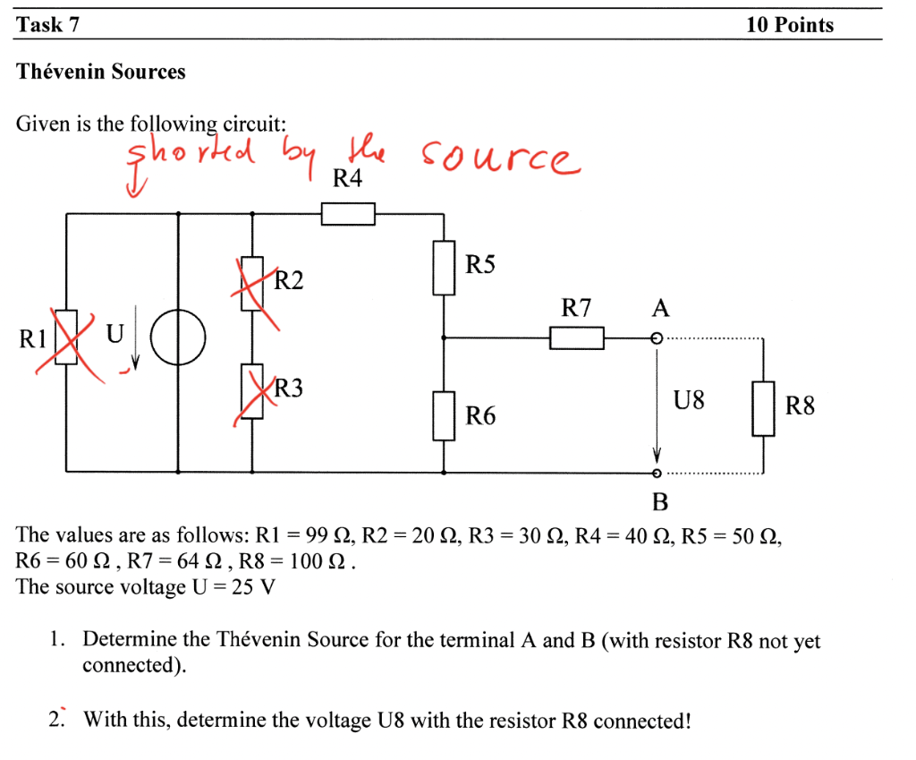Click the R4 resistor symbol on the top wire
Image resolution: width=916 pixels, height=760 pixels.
347,214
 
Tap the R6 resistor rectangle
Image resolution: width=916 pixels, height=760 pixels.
445,415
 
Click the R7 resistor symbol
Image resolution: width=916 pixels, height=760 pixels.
577,338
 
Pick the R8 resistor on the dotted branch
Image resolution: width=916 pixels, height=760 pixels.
762,408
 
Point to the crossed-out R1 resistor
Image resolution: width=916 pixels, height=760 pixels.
67,338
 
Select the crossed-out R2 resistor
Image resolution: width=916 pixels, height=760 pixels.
251,284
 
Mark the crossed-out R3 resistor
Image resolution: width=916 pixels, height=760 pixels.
251,392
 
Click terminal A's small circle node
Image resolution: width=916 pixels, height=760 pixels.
657,339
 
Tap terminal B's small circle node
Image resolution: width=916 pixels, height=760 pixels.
657,473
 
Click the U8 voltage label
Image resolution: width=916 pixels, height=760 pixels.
689,400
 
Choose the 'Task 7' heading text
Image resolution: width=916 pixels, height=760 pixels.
48,25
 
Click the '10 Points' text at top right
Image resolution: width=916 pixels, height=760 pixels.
789,25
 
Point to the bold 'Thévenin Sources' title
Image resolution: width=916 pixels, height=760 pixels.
101,72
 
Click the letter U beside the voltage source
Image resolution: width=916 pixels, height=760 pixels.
114,334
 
